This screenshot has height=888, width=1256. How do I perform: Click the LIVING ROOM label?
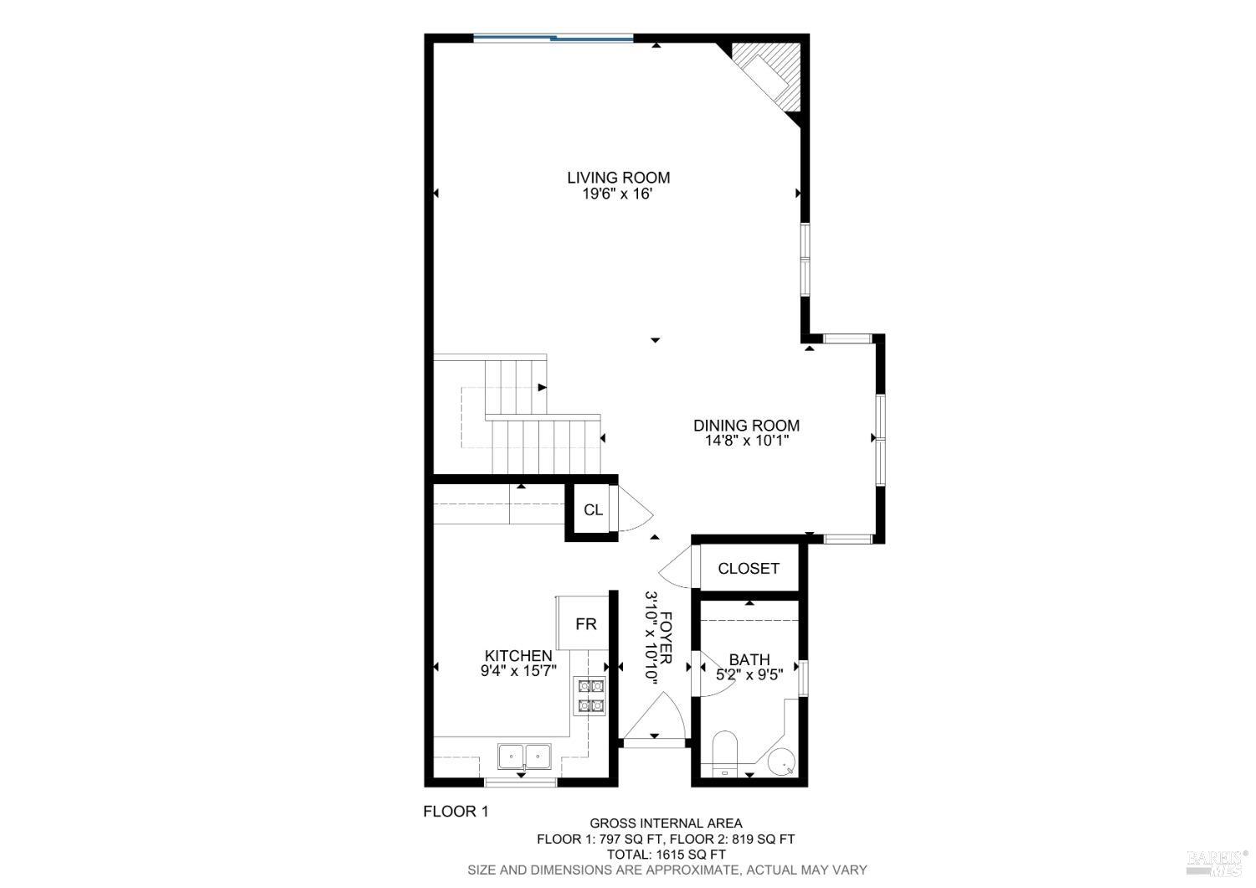[618, 178]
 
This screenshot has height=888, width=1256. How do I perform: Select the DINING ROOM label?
[746, 426]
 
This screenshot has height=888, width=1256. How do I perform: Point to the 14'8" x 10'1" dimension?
[746, 441]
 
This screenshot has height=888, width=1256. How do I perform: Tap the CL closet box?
[593, 510]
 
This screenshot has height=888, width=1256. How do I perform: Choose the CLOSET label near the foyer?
[749, 569]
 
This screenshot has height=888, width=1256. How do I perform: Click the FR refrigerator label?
[585, 624]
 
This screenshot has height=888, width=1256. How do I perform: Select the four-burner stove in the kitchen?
[589, 695]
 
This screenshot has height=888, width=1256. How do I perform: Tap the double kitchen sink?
[524, 756]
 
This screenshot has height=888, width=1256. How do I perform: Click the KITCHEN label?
[518, 656]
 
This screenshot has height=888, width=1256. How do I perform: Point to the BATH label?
[749, 660]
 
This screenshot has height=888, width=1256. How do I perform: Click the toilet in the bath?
[723, 751]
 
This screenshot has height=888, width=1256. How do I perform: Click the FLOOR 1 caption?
[455, 811]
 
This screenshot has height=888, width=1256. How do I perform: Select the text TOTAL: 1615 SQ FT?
[666, 854]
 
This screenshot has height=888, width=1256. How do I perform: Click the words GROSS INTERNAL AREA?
[666, 823]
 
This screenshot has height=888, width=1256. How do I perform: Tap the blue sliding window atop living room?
[553, 37]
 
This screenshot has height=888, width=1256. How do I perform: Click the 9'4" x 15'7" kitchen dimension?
[518, 671]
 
